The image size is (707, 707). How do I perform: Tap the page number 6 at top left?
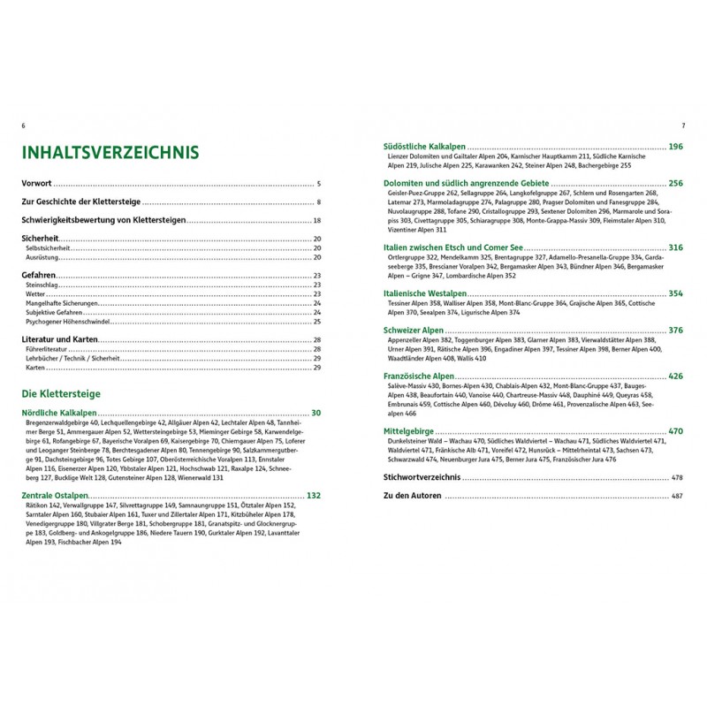click(22, 125)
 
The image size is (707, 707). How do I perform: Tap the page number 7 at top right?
click(683, 125)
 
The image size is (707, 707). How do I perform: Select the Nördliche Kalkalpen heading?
click(59, 413)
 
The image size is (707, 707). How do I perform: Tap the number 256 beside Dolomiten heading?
click(676, 184)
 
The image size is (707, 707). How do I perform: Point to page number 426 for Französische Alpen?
click(676, 376)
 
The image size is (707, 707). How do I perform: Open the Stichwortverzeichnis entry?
click(418, 477)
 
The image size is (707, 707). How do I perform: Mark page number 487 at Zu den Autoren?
click(678, 496)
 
